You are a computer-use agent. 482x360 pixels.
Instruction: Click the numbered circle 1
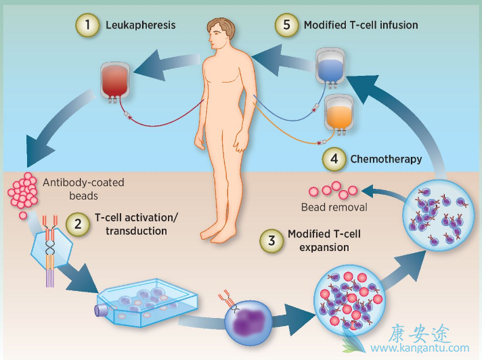87,26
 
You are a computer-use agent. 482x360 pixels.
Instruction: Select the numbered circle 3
271,240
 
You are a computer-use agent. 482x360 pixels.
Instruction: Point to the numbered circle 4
334,160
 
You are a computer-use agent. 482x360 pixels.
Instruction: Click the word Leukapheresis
140,26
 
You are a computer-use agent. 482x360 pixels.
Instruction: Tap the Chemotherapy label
386,160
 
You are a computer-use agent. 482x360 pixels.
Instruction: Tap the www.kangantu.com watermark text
420,349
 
